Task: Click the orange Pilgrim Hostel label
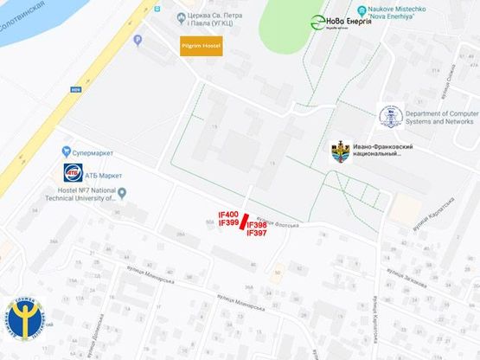point(201,45)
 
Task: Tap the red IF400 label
point(228,215)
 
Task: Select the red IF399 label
point(228,223)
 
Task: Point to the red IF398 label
point(257,225)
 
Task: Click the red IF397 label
point(257,234)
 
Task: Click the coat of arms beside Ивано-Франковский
point(341,152)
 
